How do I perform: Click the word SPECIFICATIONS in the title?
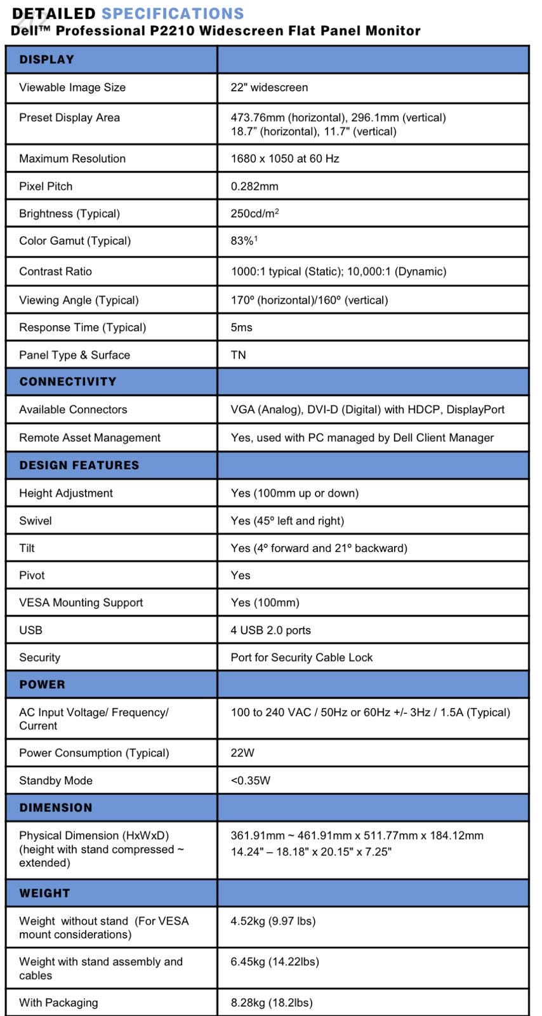click(x=173, y=13)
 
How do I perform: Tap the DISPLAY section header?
click(x=46, y=60)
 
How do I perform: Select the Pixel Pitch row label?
click(x=46, y=186)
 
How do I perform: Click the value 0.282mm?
click(x=254, y=186)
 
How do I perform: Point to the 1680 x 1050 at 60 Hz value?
click(x=284, y=159)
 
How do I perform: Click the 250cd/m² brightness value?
click(x=254, y=213)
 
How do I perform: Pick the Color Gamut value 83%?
click(x=243, y=241)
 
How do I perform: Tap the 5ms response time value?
click(x=241, y=327)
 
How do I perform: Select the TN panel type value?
click(x=238, y=355)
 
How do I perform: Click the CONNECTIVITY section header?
click(x=68, y=382)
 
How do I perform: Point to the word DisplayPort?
click(x=475, y=410)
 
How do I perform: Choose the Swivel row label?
click(x=36, y=521)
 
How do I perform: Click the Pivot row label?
click(x=32, y=575)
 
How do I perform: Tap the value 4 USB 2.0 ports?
click(x=270, y=630)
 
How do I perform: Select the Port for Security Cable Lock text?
click(x=301, y=657)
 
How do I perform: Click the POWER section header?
click(x=42, y=685)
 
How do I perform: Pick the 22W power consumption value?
click(x=242, y=752)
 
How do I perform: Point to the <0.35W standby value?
click(x=250, y=780)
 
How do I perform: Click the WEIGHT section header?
click(x=44, y=893)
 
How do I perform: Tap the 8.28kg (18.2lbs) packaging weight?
click(x=271, y=1003)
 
